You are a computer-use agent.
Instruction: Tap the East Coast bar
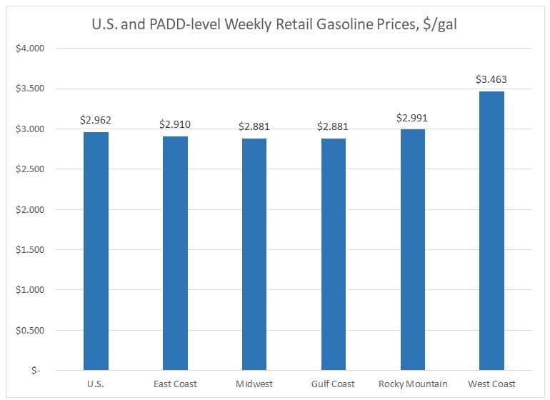point(175,253)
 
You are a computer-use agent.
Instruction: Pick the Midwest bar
point(254,254)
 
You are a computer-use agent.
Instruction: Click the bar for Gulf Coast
point(334,254)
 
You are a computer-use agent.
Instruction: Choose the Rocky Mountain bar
point(413,249)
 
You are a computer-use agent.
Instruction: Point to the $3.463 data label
point(491,80)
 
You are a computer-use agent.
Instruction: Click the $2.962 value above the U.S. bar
point(96,121)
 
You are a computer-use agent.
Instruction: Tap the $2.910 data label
point(175,125)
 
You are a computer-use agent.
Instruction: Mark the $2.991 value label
point(413,119)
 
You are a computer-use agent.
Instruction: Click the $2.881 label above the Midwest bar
point(254,127)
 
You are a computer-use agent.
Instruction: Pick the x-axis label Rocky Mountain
point(413,384)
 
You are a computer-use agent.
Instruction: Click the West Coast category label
point(492,384)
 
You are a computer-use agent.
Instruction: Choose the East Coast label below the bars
point(175,384)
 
